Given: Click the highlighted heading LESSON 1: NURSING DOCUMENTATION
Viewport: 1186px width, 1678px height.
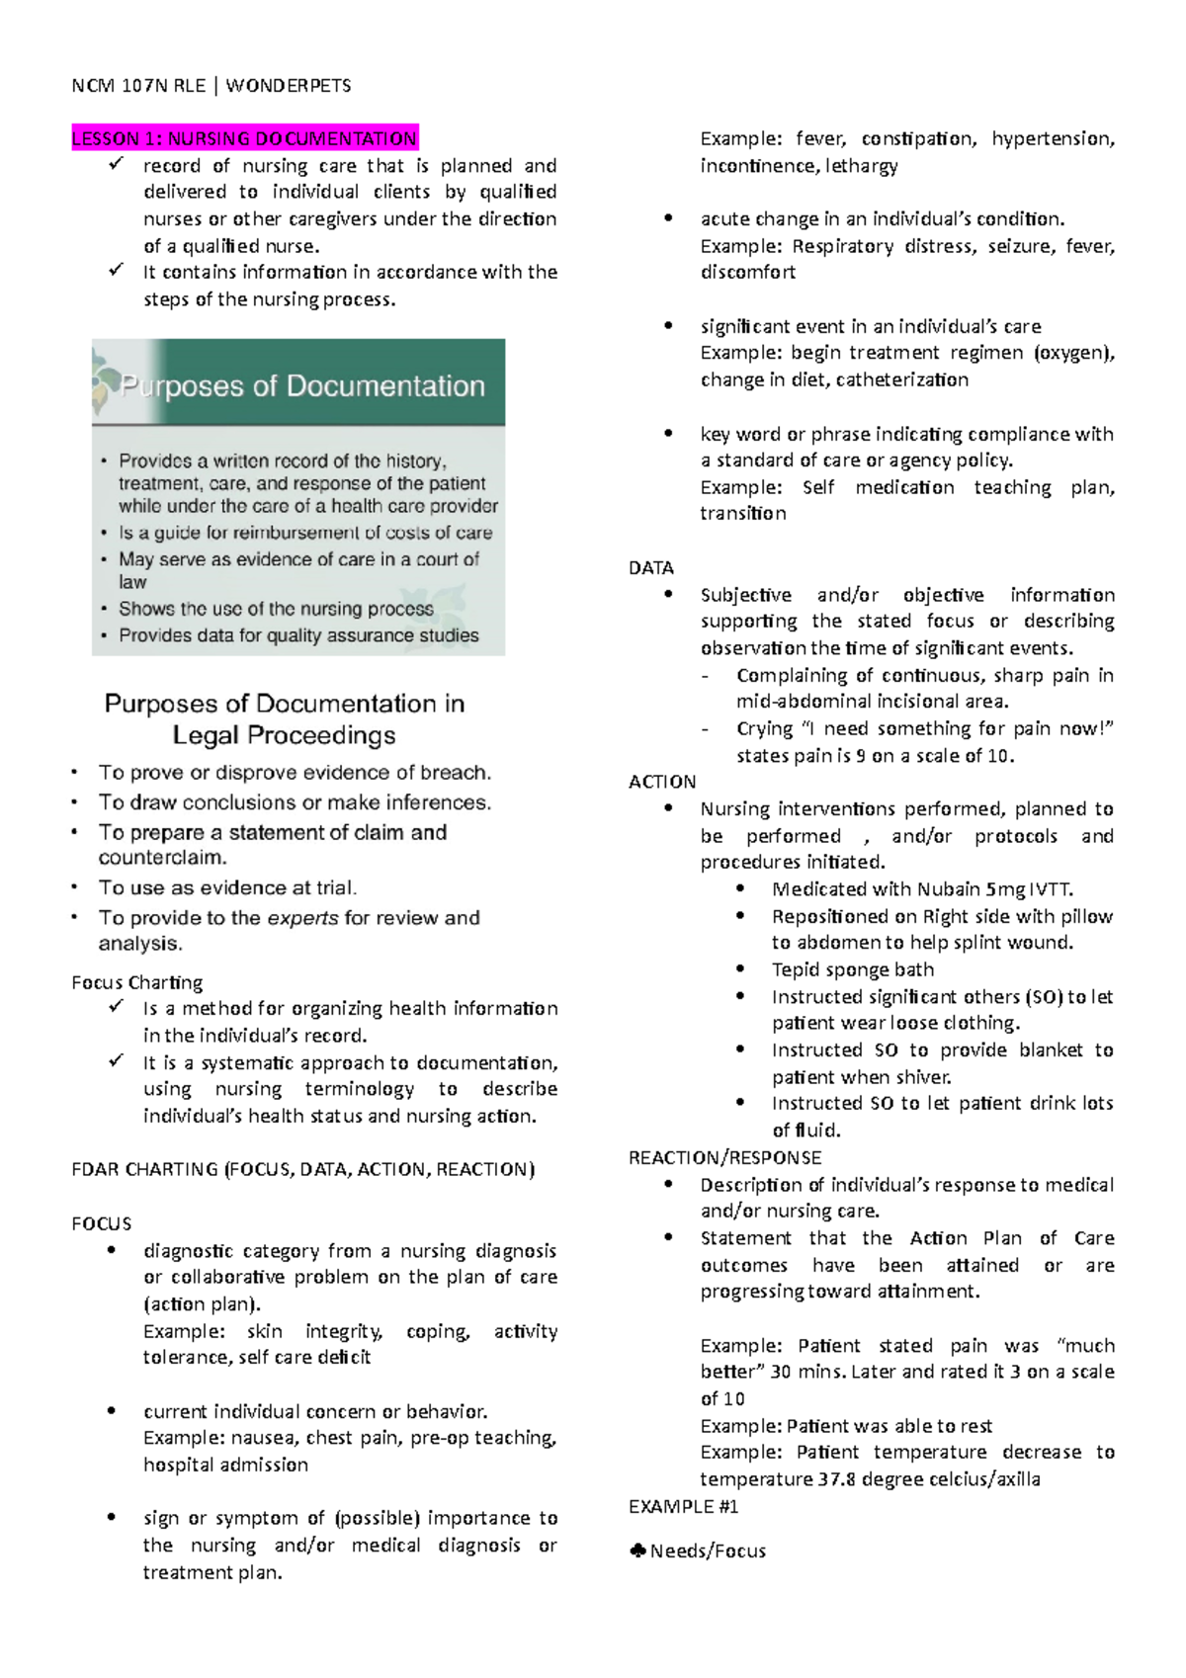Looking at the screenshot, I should pos(244,138).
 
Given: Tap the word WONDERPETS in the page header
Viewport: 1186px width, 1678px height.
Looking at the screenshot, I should pos(289,86).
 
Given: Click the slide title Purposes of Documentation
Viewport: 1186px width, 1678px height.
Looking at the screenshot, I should pos(302,386).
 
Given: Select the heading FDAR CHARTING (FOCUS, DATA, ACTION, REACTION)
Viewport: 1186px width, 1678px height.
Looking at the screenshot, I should pos(302,1169).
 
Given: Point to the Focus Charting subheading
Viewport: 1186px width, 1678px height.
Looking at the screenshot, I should pos(136,982).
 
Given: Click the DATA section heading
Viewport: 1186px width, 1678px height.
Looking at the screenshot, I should pos(650,568).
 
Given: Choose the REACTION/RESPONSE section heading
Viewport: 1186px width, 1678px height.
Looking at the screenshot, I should pos(724,1157).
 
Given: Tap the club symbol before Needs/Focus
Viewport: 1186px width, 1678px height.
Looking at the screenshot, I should pos(637,1552).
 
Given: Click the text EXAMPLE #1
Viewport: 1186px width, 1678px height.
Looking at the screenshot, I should pos(683,1507).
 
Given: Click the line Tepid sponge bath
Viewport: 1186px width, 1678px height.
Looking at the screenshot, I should pos(852,969).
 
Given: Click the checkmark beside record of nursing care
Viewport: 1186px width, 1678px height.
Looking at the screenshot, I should pos(117,164).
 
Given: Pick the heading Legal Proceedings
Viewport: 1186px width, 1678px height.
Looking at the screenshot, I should pos(284,735).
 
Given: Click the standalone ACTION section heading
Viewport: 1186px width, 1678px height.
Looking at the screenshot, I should pos(661,782).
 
